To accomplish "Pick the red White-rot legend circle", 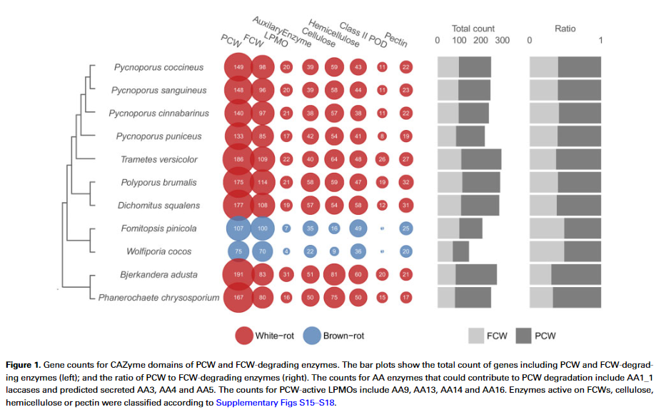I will click(x=246, y=334).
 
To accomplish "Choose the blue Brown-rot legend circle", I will click(x=311, y=334).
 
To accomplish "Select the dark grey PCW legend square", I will click(x=523, y=335).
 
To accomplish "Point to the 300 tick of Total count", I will click(x=502, y=41).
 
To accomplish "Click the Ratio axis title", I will click(x=565, y=29).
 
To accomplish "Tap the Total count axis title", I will click(x=473, y=29).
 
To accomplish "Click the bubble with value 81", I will click(x=333, y=275).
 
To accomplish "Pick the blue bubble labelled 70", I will click(x=263, y=251).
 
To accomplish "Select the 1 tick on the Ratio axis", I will click(x=601, y=41).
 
